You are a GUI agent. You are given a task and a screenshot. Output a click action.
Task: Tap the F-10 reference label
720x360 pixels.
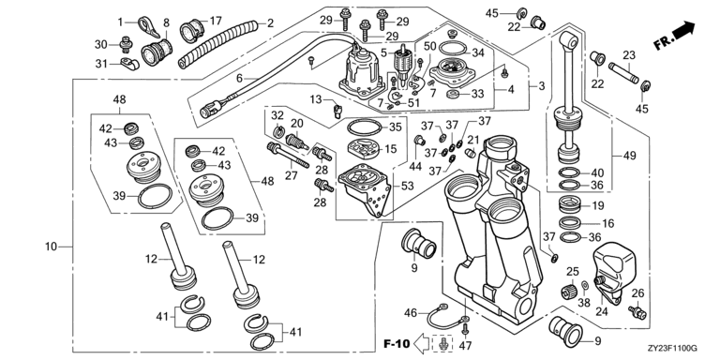point(397,343)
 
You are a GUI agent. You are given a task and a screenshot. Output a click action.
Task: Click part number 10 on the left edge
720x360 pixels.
point(51,247)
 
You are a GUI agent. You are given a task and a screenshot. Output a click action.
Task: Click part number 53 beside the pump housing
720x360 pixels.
point(408,186)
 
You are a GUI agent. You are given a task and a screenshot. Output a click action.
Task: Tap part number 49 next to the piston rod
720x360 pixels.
point(630,156)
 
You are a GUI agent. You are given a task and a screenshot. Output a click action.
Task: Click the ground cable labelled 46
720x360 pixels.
point(446,316)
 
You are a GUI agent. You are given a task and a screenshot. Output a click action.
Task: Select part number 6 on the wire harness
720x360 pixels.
point(239,78)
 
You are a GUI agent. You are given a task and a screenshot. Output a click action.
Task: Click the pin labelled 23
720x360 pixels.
point(623,73)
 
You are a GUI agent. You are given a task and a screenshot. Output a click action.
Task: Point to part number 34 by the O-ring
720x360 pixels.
point(478,52)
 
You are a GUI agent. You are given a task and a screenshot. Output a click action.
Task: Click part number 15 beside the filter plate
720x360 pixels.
point(391,149)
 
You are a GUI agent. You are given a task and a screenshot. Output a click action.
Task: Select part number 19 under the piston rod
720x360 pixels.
point(598,205)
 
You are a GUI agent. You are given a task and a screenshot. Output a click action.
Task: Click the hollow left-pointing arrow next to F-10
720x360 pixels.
point(422,342)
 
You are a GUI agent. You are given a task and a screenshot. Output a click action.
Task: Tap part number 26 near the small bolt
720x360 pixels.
point(637,292)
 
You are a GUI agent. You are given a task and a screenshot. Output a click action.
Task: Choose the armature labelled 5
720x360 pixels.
point(404,62)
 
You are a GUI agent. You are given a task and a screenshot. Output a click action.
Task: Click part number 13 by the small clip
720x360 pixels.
point(316,99)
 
